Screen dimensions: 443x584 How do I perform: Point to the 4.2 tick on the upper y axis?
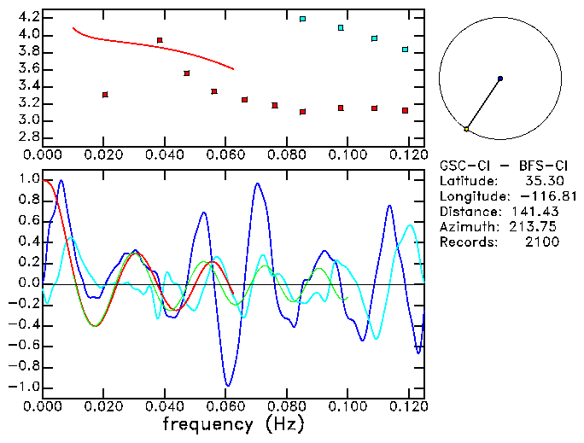pos(28,17)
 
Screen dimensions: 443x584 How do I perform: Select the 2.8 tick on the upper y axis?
pos(28,137)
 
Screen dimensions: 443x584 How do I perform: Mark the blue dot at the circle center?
pos(499,79)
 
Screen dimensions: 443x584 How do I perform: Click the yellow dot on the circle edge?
pos(466,129)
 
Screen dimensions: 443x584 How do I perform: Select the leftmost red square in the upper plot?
pos(105,94)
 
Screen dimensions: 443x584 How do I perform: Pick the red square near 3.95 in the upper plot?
pos(160,40)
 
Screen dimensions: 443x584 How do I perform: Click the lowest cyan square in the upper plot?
pos(405,50)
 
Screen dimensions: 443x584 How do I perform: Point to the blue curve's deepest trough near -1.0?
pos(227,385)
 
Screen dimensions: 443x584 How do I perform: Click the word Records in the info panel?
pos(466,242)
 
